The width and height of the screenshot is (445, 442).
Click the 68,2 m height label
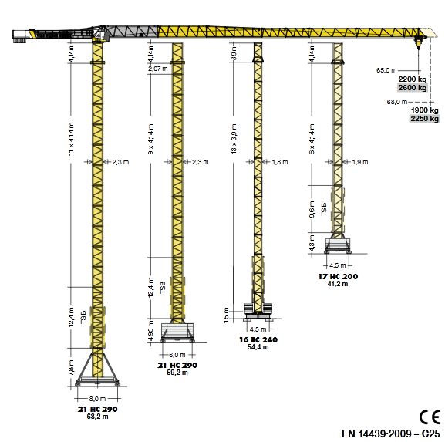97,417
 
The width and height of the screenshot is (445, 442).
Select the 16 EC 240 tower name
258,339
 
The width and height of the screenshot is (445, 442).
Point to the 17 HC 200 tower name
338,276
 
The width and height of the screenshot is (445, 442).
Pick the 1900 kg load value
424,110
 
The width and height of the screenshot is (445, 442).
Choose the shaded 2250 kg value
424,119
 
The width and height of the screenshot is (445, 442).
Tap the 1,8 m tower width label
280,162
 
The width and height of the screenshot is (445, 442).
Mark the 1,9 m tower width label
360,162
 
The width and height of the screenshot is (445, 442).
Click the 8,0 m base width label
97,398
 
